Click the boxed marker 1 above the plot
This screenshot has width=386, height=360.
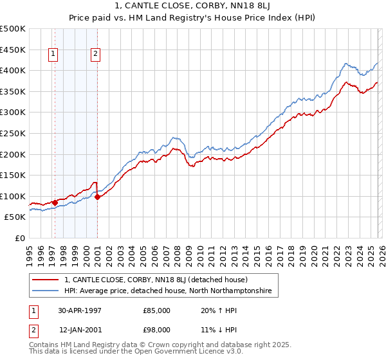pyautogui.click(x=52, y=55)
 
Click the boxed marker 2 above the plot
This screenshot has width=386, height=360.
pyautogui.click(x=95, y=55)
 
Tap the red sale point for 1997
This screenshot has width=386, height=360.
pyautogui.click(x=55, y=203)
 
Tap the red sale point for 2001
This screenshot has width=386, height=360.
pyautogui.click(x=97, y=197)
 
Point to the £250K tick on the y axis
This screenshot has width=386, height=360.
pyautogui.click(x=13, y=133)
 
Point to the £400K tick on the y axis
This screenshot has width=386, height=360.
pyautogui.click(x=13, y=70)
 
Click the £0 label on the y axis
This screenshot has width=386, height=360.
pyautogui.click(x=19, y=239)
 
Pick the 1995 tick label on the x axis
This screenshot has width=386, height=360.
pyautogui.click(x=29, y=254)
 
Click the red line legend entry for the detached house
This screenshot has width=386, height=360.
pyautogui.click(x=160, y=280)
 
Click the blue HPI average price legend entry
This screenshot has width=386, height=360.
pyautogui.click(x=168, y=291)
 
